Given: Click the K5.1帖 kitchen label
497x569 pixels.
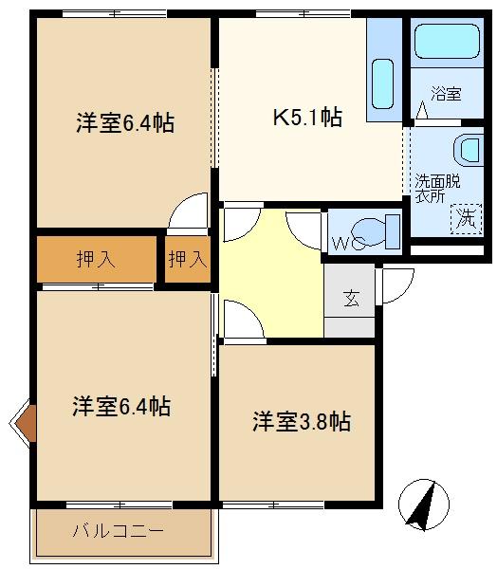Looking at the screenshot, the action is coord(307,117).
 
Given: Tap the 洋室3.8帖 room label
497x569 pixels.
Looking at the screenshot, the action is coord(302,421).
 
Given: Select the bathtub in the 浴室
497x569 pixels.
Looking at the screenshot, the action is coord(447,41).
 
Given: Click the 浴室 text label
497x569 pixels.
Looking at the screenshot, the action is coord(446,94).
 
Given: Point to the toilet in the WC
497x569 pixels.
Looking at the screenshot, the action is coord(376,232).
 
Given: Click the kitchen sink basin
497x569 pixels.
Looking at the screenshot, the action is coord(383,83).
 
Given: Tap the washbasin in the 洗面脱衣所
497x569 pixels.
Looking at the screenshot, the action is coord(469,150).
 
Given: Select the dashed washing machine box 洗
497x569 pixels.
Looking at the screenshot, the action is coord(466,219).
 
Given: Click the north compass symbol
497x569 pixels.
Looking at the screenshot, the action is coord(424,505).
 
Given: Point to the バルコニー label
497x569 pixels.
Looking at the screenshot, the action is coord(119,531).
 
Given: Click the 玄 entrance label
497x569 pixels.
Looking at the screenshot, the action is coord(351,299).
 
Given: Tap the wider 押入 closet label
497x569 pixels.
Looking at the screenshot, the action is coord(96,259).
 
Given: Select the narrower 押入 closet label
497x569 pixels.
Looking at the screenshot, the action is coord(188,259).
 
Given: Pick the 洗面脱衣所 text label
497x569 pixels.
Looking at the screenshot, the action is coord(437,189).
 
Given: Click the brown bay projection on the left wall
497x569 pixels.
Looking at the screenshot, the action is coord(27,423).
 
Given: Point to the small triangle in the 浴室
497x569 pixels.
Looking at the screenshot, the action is coord(421,110).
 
